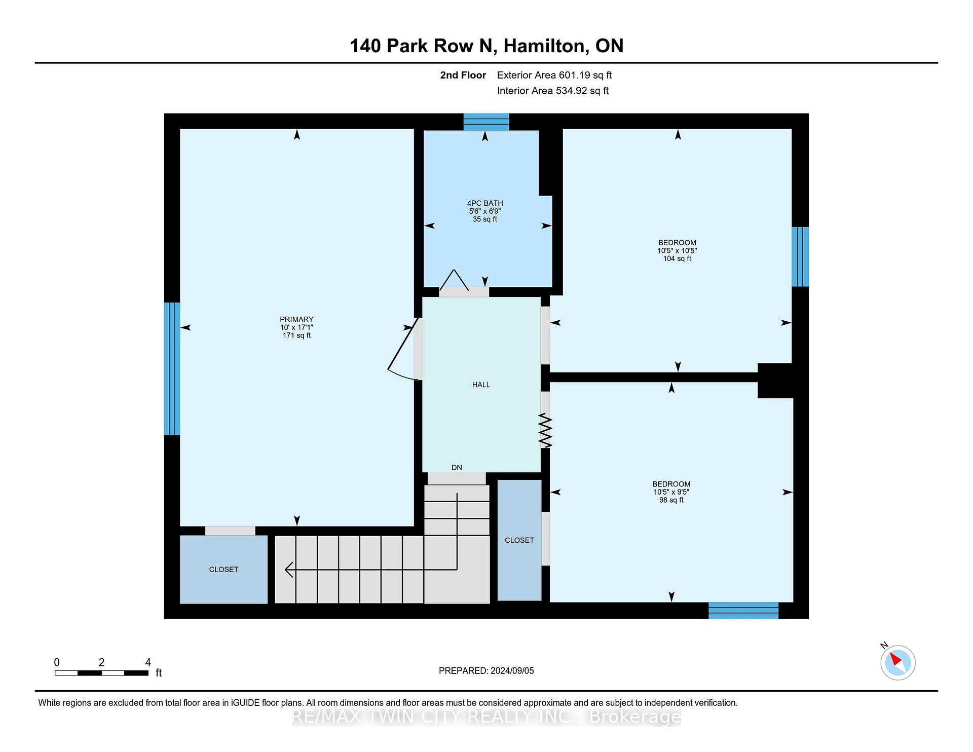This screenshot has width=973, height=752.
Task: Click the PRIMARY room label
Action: point(296,319)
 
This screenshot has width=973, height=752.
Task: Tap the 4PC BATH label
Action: point(485,203)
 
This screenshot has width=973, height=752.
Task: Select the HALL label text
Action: point(481,385)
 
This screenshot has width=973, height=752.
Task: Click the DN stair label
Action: point(457,467)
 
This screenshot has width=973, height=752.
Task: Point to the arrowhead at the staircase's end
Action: point(289,570)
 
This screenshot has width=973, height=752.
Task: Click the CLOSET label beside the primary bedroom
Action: point(223,570)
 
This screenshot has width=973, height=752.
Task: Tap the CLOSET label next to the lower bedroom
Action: point(519,540)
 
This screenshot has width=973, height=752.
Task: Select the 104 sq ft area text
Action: point(677,258)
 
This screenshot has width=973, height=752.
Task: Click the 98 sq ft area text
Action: point(671,500)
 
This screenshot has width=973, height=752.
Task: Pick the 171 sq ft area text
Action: point(296,335)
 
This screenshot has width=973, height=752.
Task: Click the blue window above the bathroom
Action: point(486,122)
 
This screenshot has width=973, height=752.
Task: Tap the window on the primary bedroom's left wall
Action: point(172,369)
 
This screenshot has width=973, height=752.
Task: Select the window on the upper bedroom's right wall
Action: point(800,257)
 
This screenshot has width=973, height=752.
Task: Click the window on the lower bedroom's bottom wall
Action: point(743,611)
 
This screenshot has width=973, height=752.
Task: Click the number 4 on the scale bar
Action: point(148,662)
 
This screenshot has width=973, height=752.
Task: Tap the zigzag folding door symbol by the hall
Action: point(545,430)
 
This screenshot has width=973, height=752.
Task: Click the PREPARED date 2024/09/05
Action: point(512,671)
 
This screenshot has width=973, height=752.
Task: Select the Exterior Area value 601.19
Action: point(575,76)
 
